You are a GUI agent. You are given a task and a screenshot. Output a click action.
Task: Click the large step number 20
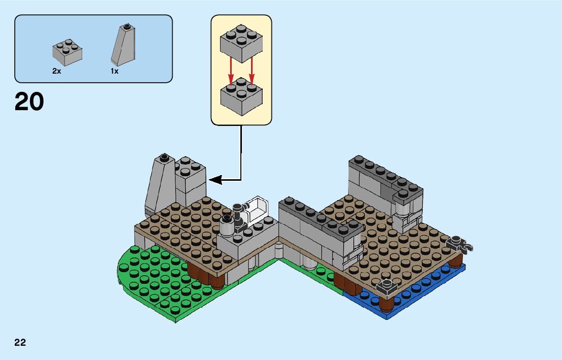tap(29, 102)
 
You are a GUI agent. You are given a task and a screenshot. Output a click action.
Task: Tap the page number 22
tap(20, 342)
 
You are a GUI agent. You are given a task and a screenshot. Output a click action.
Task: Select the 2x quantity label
tap(56, 72)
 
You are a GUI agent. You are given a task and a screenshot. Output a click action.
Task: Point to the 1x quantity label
tap(114, 72)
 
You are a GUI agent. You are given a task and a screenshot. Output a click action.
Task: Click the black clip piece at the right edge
tap(460, 244)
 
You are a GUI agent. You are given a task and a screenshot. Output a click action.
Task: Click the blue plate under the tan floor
tap(407, 297)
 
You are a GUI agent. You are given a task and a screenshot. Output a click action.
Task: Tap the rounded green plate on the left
tap(152, 284)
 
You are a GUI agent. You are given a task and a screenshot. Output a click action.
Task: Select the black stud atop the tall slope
tap(163, 157)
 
